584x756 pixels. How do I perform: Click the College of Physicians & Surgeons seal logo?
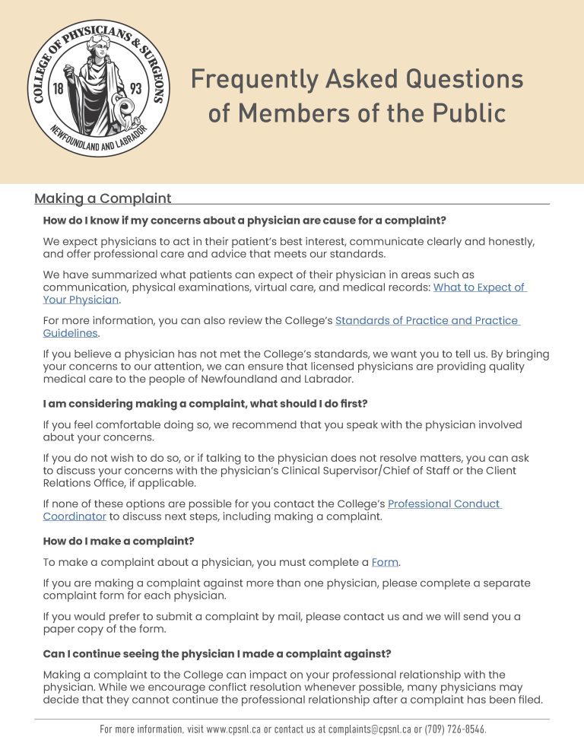(x=99, y=88)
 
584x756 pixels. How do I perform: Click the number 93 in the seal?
(x=135, y=89)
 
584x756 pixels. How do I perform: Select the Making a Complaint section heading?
(x=103, y=199)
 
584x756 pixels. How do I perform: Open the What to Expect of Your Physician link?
(x=478, y=287)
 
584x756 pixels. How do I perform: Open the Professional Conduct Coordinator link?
(x=444, y=503)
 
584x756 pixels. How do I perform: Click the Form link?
(x=385, y=562)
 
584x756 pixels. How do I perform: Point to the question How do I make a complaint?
(x=119, y=542)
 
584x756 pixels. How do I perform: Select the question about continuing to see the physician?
(x=217, y=653)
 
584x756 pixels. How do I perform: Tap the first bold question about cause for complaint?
(x=244, y=221)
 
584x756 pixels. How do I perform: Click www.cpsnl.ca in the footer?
(x=233, y=729)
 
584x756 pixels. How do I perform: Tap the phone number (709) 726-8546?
(x=455, y=729)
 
